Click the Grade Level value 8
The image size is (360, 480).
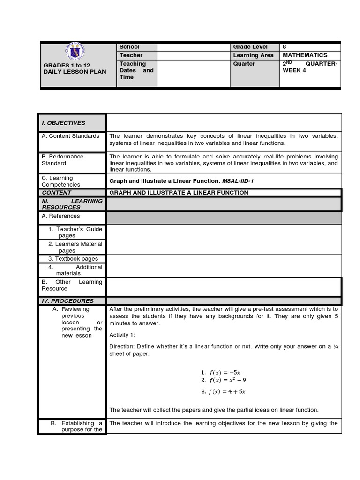tap(285, 47)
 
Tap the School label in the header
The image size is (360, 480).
tap(129, 47)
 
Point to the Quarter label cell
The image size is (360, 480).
tap(244, 64)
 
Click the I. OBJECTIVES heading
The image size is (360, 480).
tap(64, 123)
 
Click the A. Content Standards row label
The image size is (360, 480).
tap(71, 136)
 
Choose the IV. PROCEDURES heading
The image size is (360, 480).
tap(67, 301)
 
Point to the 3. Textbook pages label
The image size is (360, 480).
tap(73, 259)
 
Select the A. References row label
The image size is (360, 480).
tap(61, 216)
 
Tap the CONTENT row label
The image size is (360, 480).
tap(57, 193)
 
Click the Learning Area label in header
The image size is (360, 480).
tap(253, 55)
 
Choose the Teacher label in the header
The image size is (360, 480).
tap(131, 55)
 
